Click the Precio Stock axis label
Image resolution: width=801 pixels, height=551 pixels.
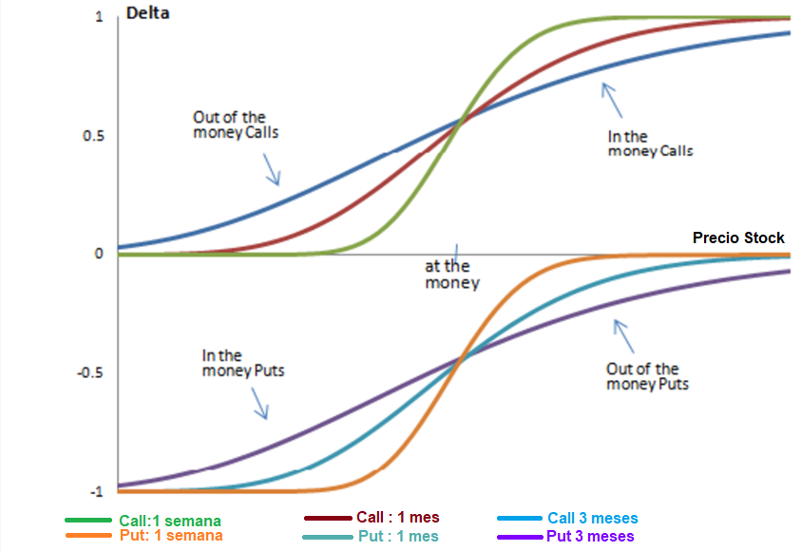[x=738, y=237]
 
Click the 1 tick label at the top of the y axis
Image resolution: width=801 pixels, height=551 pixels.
[x=99, y=18]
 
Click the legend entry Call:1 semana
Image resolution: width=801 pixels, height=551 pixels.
[x=170, y=521]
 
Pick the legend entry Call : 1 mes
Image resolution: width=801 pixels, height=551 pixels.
[x=397, y=518]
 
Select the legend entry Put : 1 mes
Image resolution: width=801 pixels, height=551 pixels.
[x=397, y=537]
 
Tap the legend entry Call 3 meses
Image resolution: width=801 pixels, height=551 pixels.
[x=592, y=519]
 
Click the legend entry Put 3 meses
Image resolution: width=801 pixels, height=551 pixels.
[x=590, y=537]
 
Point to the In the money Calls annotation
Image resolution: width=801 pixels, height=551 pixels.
[x=650, y=143]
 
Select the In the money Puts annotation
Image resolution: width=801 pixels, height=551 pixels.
[x=243, y=364]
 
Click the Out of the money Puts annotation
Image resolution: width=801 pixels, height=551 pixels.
[x=647, y=376]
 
